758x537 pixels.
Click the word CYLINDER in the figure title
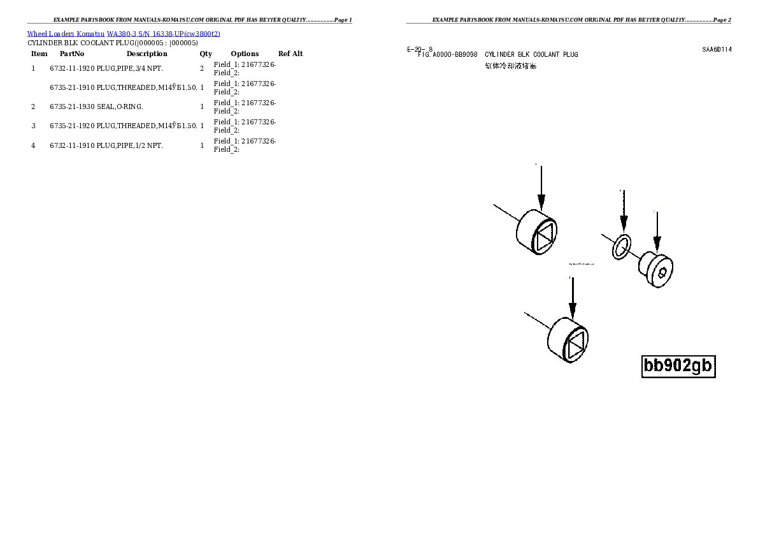499,55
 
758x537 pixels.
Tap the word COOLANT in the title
547,55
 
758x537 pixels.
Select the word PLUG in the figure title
571,55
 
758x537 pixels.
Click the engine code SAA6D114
717,49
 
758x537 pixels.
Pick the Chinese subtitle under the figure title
511,66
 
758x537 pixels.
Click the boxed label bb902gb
678,366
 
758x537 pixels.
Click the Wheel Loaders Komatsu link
66,34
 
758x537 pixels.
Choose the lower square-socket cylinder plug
568,340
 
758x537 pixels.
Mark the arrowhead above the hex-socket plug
657,244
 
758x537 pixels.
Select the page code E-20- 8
419,49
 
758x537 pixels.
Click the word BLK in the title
524,55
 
